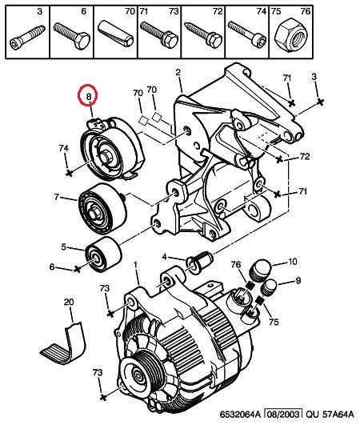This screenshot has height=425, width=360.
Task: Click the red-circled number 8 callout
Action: (x=87, y=94)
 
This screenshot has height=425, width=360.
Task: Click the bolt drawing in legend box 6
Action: (x=72, y=36)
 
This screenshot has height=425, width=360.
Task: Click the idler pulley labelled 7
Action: (x=102, y=208)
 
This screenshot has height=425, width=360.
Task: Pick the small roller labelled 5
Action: (x=103, y=255)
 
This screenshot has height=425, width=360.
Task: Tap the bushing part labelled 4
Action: (x=199, y=261)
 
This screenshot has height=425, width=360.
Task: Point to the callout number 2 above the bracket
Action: (x=178, y=72)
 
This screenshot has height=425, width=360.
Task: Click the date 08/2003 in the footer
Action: (x=284, y=414)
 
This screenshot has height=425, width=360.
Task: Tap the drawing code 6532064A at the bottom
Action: (x=240, y=415)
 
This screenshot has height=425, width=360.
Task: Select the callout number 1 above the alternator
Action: (x=135, y=263)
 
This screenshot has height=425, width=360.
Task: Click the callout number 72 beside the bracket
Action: (x=305, y=156)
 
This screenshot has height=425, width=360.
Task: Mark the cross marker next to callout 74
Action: (x=70, y=172)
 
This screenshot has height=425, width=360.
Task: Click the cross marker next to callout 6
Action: (x=78, y=269)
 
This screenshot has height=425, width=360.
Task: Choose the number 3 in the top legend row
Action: (x=40, y=11)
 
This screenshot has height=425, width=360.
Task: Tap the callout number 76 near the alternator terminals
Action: (x=236, y=264)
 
